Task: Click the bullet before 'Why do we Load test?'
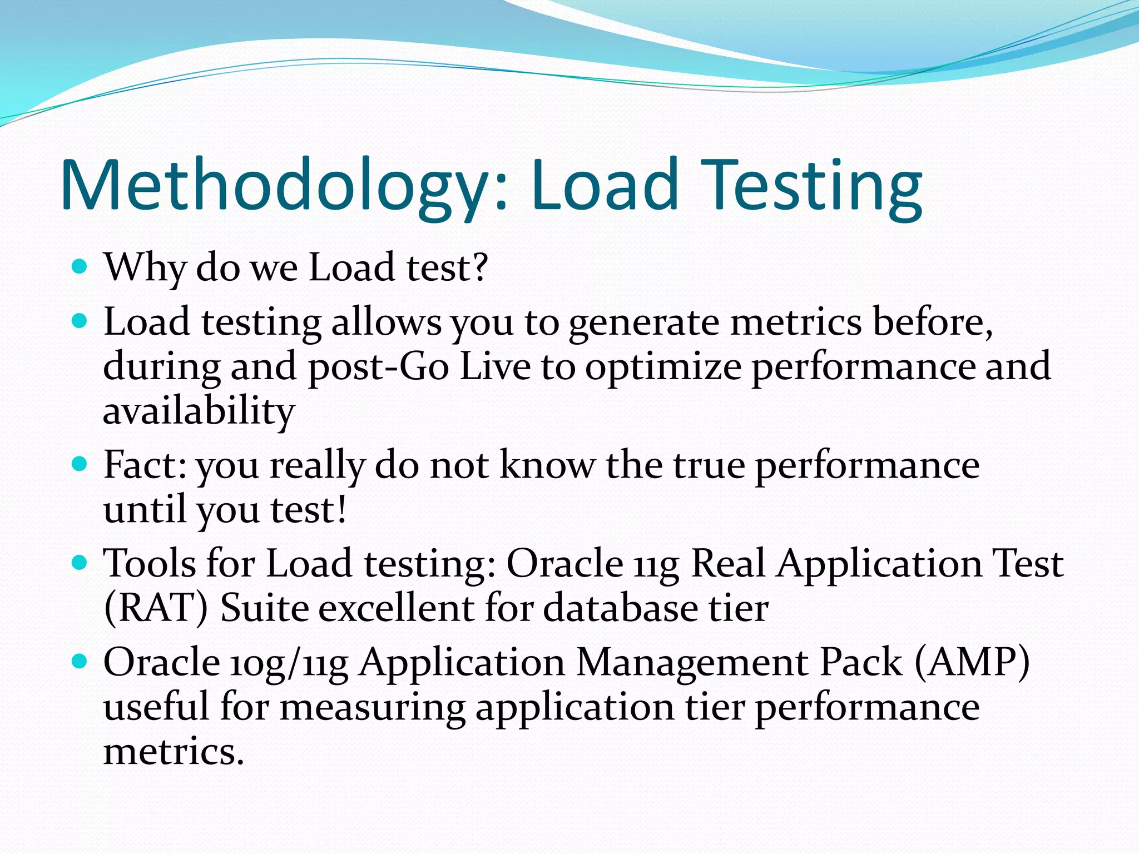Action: tap(80, 267)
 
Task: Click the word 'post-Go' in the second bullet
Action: tap(378, 367)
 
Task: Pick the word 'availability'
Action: tap(199, 411)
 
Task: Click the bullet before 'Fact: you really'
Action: tap(80, 464)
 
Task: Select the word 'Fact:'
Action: tap(145, 465)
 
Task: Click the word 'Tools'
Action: tap(149, 564)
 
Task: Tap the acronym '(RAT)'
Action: tap(156, 608)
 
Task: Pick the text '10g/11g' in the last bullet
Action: tap(289, 663)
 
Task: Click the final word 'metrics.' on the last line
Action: tap(174, 752)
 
